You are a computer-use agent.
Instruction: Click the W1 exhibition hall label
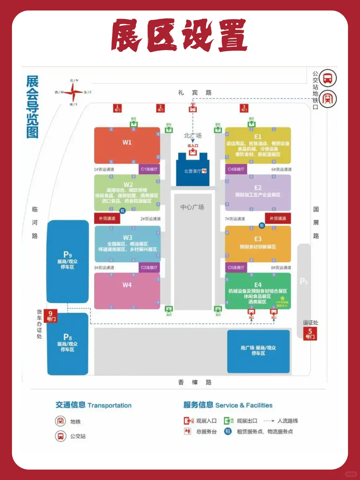coord(127,142)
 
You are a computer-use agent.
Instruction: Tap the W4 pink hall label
coord(127,285)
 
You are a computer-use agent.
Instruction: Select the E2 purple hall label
coord(258,188)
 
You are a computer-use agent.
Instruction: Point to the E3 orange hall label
coord(258,239)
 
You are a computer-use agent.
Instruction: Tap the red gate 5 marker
coord(310,333)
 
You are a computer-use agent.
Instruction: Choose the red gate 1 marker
coord(117,108)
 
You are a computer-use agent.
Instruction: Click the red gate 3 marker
coord(244,108)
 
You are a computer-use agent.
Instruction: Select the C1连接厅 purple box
coord(149,169)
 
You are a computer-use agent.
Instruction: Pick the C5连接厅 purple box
coord(236,267)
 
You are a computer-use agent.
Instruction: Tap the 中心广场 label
coord(192,207)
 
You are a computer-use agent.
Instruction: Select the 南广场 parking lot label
coord(258,350)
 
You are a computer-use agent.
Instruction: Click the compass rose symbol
coord(73,92)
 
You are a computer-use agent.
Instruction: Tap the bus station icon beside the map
coord(328,79)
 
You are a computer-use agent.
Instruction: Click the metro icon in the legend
coord(60,421)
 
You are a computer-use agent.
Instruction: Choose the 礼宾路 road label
coord(195,93)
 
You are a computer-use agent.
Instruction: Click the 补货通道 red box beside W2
coord(107,218)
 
